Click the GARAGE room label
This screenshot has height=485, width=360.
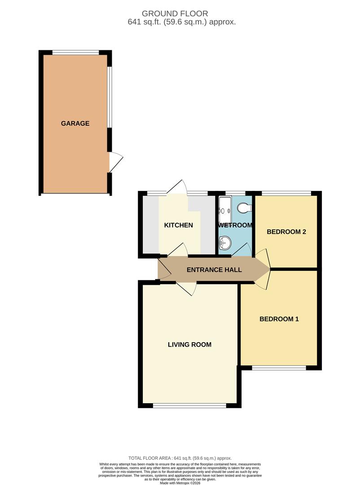point(75,123)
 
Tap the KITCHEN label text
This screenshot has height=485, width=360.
point(178,225)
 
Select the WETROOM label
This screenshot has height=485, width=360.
point(236,225)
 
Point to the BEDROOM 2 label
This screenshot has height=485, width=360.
point(286,232)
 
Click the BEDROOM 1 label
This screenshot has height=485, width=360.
point(279,319)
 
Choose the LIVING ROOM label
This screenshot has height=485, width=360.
point(189,345)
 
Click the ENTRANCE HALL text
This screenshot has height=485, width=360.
point(214,270)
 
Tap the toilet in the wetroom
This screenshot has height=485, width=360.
point(244,208)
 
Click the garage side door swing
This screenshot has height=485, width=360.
point(115,162)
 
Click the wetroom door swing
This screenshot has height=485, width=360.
point(243,251)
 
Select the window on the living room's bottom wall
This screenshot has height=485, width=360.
point(189,406)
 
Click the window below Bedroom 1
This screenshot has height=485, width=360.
point(279,368)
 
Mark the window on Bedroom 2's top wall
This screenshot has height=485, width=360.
point(286,194)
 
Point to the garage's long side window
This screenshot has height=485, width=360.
point(110,97)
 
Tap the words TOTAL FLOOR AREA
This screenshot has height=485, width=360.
point(148,458)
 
